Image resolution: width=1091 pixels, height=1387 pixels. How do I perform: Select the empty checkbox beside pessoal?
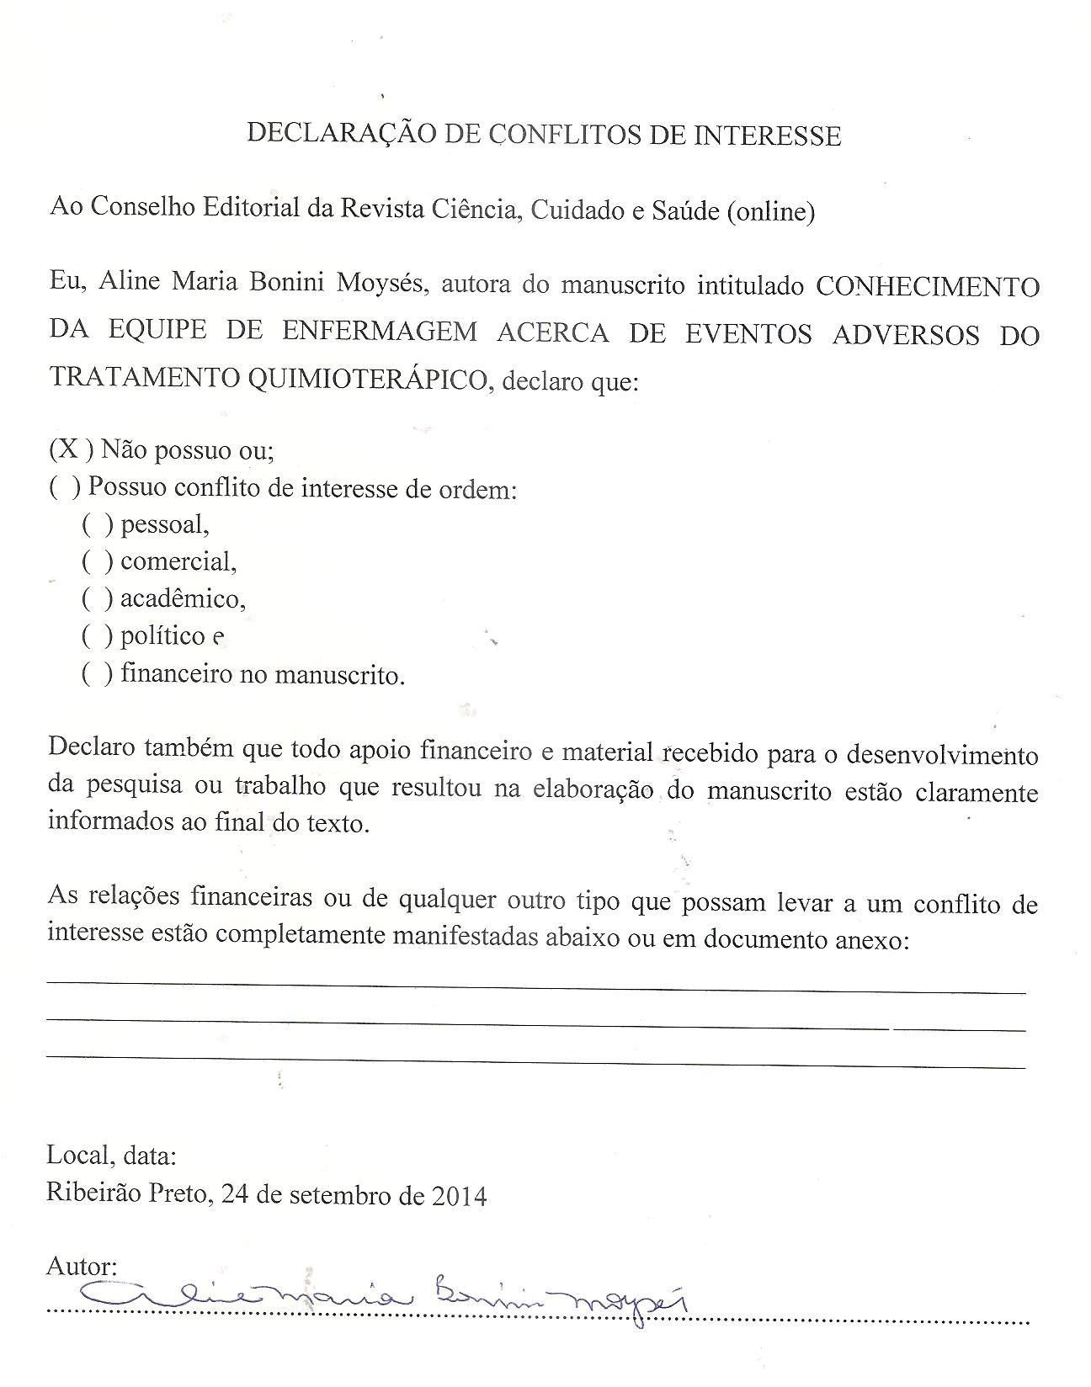[97, 524]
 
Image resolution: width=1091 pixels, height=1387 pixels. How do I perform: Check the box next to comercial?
[97, 561]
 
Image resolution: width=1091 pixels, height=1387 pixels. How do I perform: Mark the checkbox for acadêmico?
[97, 598]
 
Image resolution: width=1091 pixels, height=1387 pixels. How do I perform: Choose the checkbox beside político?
[97, 635]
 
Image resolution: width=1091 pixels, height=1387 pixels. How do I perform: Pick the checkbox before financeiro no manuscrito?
[97, 673]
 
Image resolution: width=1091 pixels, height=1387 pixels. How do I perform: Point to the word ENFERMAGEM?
[379, 331]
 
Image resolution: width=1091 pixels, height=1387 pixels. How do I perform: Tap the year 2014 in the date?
[459, 1195]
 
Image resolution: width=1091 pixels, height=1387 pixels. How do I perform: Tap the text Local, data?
[111, 1155]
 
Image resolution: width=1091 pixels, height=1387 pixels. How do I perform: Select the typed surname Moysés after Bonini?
[384, 283]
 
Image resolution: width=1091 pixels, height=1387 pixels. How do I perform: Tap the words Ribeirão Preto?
[126, 1193]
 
